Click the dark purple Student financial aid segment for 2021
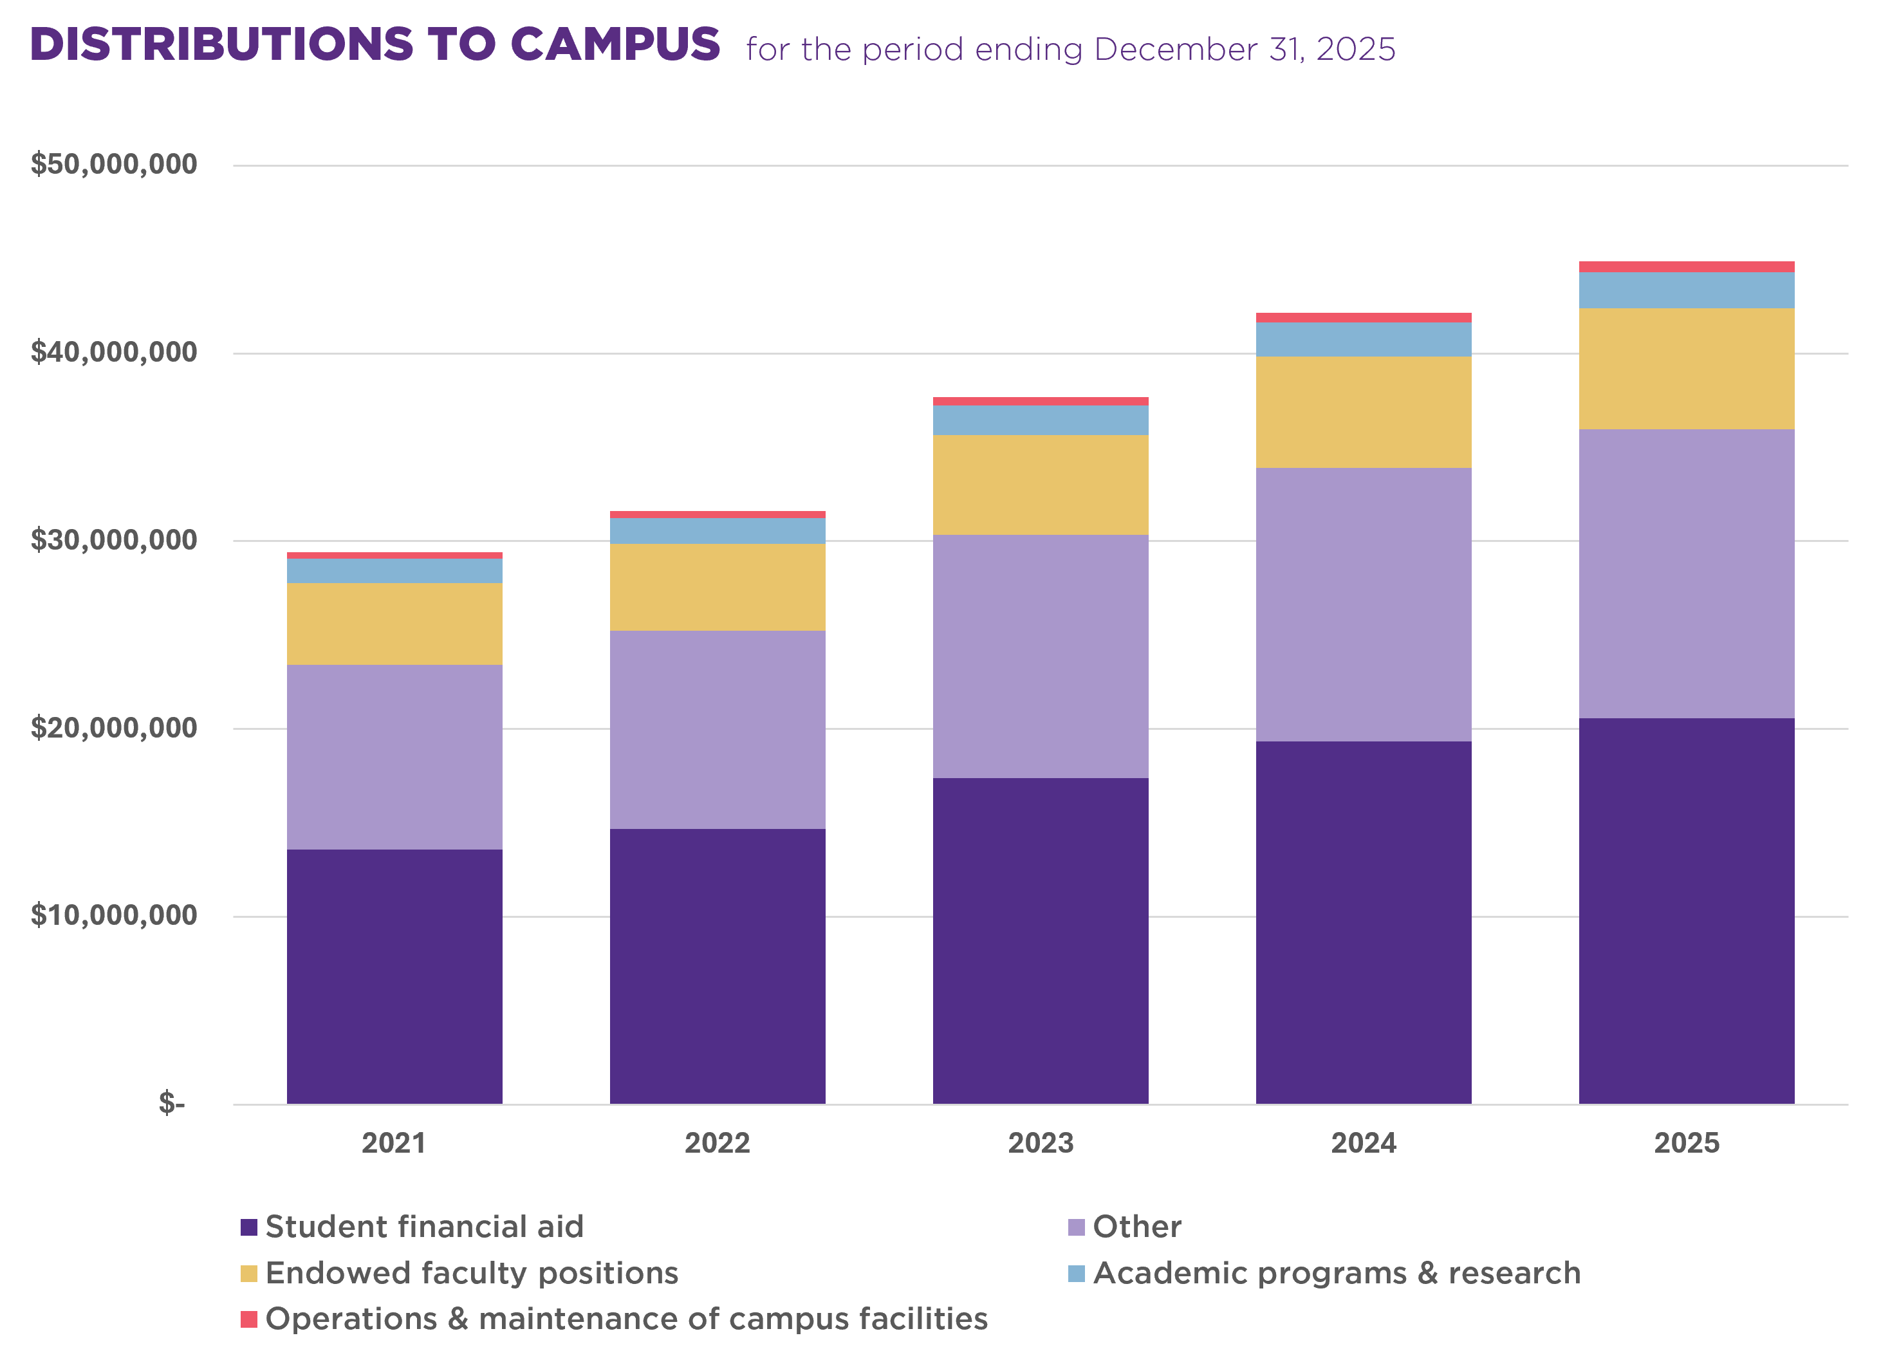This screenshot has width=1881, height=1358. tap(394, 976)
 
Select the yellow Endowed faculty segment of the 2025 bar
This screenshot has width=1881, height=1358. tap(1686, 368)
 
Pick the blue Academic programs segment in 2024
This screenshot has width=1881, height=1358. tap(1364, 339)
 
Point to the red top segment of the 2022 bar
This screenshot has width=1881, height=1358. tap(718, 514)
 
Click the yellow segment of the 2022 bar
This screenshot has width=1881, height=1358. tap(718, 586)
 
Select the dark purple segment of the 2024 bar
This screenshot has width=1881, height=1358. tap(1364, 922)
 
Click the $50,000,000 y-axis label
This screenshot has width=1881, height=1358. tap(114, 163)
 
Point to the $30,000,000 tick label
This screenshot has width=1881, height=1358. tap(114, 539)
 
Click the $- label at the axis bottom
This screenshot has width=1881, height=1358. tap(172, 1102)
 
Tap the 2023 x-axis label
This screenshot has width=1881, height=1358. tap(1040, 1143)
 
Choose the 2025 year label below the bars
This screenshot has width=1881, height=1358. tap(1686, 1143)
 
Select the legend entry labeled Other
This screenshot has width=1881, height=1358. tap(1136, 1227)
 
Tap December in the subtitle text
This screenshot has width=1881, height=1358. tap(1174, 50)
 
